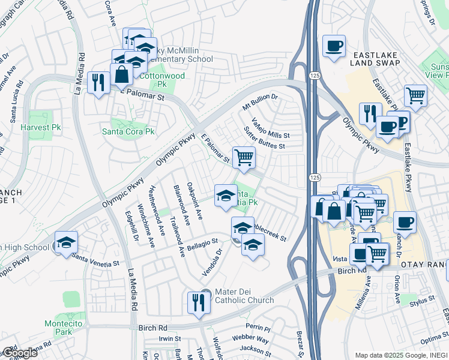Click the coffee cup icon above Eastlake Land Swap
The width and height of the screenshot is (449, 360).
click(334, 46)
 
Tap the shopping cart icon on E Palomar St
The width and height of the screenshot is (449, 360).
click(243, 158)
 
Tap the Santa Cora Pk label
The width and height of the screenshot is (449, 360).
click(128, 131)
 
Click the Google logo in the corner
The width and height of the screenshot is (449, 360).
click(19, 352)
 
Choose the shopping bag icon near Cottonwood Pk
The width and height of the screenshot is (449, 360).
click(121, 75)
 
